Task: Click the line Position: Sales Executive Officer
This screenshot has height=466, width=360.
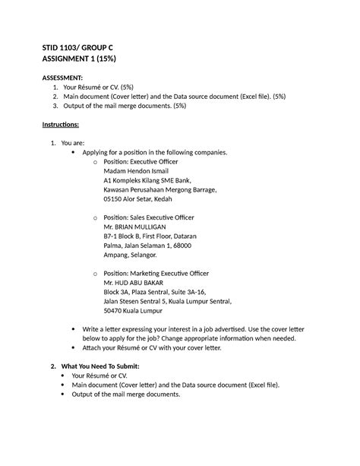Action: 144,217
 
